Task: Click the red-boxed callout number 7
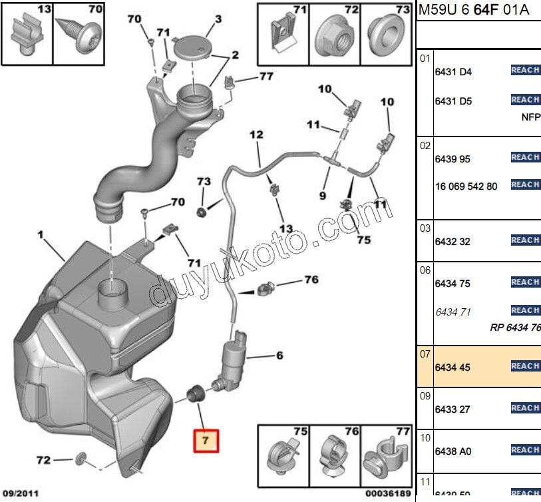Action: pyautogui.click(x=206, y=440)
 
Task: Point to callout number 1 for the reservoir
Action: pyautogui.click(x=41, y=235)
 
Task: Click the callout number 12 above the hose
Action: pyautogui.click(x=256, y=135)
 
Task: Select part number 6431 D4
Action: pyautogui.click(x=452, y=72)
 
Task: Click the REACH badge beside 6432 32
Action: pyautogui.click(x=525, y=240)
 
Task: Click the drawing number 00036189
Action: pyautogui.click(x=386, y=494)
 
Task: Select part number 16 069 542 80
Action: pyautogui.click(x=466, y=186)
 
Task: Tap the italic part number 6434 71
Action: pyautogui.click(x=452, y=312)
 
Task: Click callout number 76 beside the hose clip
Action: pyautogui.click(x=311, y=280)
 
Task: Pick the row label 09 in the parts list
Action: pyautogui.click(x=425, y=395)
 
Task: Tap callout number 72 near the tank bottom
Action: pyautogui.click(x=43, y=460)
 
